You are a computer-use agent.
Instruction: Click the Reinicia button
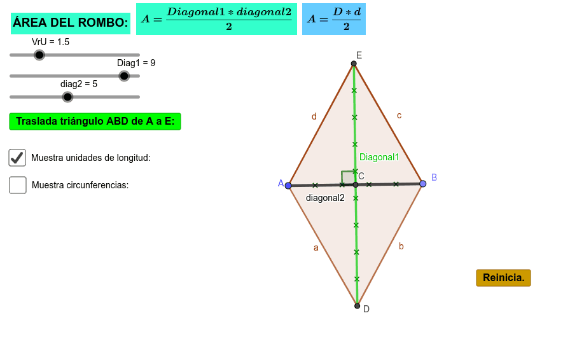pos(503,278)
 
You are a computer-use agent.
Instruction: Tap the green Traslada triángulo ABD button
pos(95,121)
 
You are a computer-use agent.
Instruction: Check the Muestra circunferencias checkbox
pos(18,185)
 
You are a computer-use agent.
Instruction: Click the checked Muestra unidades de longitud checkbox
pos(17,158)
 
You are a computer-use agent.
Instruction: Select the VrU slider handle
pos(39,55)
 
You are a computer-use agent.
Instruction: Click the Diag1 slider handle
pos(124,76)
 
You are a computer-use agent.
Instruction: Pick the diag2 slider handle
pos(67,97)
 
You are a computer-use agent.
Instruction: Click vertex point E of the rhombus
pos(354,64)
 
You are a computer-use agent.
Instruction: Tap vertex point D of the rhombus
pos(357,306)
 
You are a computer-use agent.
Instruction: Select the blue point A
pos(288,186)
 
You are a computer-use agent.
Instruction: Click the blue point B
pos(423,184)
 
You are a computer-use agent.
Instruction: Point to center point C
pos(356,184)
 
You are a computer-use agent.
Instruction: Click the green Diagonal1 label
pos(379,157)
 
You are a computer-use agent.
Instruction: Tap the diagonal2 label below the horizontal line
pos(325,198)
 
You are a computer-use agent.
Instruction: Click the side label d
pos(314,116)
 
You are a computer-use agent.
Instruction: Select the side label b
pos(401,246)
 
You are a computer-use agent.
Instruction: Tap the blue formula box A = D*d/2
pos(334,19)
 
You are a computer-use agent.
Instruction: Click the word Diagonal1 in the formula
pos(196,12)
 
